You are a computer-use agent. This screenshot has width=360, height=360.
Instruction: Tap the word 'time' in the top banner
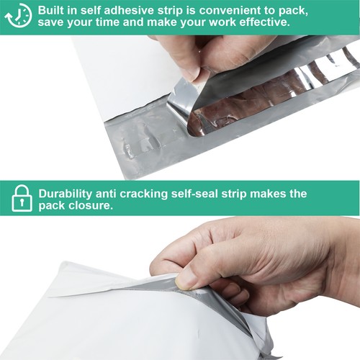118,22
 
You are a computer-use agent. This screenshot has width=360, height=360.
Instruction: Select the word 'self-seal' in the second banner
210,194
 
